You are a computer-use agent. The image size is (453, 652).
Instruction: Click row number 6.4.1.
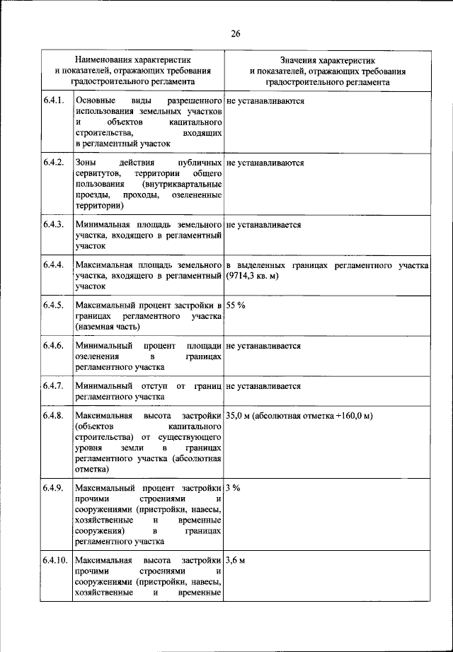pos(53,101)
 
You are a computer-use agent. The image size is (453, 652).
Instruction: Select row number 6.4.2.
pos(53,163)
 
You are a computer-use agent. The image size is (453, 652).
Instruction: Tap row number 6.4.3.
pos(53,225)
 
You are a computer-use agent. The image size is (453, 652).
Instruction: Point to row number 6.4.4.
pos(53,265)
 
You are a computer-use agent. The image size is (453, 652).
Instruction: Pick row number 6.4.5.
pos(53,305)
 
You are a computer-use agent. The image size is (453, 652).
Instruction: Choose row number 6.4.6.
pos(53,346)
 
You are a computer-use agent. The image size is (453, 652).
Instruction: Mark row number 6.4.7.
pos(53,386)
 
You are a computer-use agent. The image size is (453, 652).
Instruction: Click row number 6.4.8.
pos(53,417)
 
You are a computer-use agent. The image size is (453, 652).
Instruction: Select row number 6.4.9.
pos(53,489)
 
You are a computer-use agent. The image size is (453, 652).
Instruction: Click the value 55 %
pos(236,305)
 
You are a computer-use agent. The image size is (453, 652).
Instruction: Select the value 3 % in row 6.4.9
pos(234,489)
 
